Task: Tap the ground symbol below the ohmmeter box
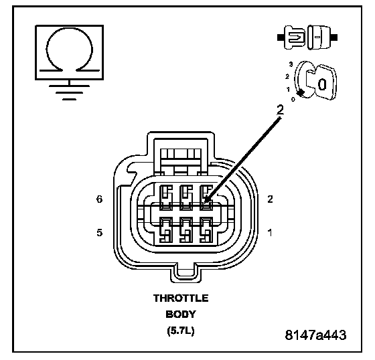click(x=70, y=92)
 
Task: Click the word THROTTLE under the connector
click(x=181, y=298)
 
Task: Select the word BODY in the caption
click(x=181, y=314)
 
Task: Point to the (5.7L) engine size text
click(x=181, y=331)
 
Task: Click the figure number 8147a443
click(x=315, y=335)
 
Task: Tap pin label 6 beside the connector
click(x=100, y=199)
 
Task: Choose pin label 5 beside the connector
click(x=100, y=232)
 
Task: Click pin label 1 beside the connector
click(x=270, y=232)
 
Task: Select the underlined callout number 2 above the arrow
click(x=280, y=110)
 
